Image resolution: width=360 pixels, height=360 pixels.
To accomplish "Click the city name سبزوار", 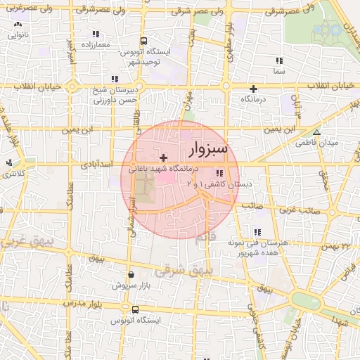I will click(x=208, y=150).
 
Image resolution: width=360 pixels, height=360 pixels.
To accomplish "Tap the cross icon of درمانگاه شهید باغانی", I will click(x=164, y=158).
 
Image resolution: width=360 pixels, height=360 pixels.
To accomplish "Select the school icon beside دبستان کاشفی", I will click(x=220, y=173).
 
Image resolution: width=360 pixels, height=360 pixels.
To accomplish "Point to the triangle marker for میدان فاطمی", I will click(x=317, y=132).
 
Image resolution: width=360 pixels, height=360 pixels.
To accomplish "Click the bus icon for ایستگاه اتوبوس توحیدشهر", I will click(x=143, y=41).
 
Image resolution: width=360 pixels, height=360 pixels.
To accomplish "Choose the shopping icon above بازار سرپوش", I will click(x=130, y=275).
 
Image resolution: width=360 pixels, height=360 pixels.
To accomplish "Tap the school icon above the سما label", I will click(x=279, y=60).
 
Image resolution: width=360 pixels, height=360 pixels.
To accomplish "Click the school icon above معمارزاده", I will click(x=95, y=34).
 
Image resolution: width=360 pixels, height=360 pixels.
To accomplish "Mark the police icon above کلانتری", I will click(x=9, y=162).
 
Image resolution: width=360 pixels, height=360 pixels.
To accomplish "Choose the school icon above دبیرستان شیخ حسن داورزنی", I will click(x=115, y=79).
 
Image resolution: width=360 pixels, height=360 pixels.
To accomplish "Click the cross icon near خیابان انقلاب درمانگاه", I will click(x=253, y=89).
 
